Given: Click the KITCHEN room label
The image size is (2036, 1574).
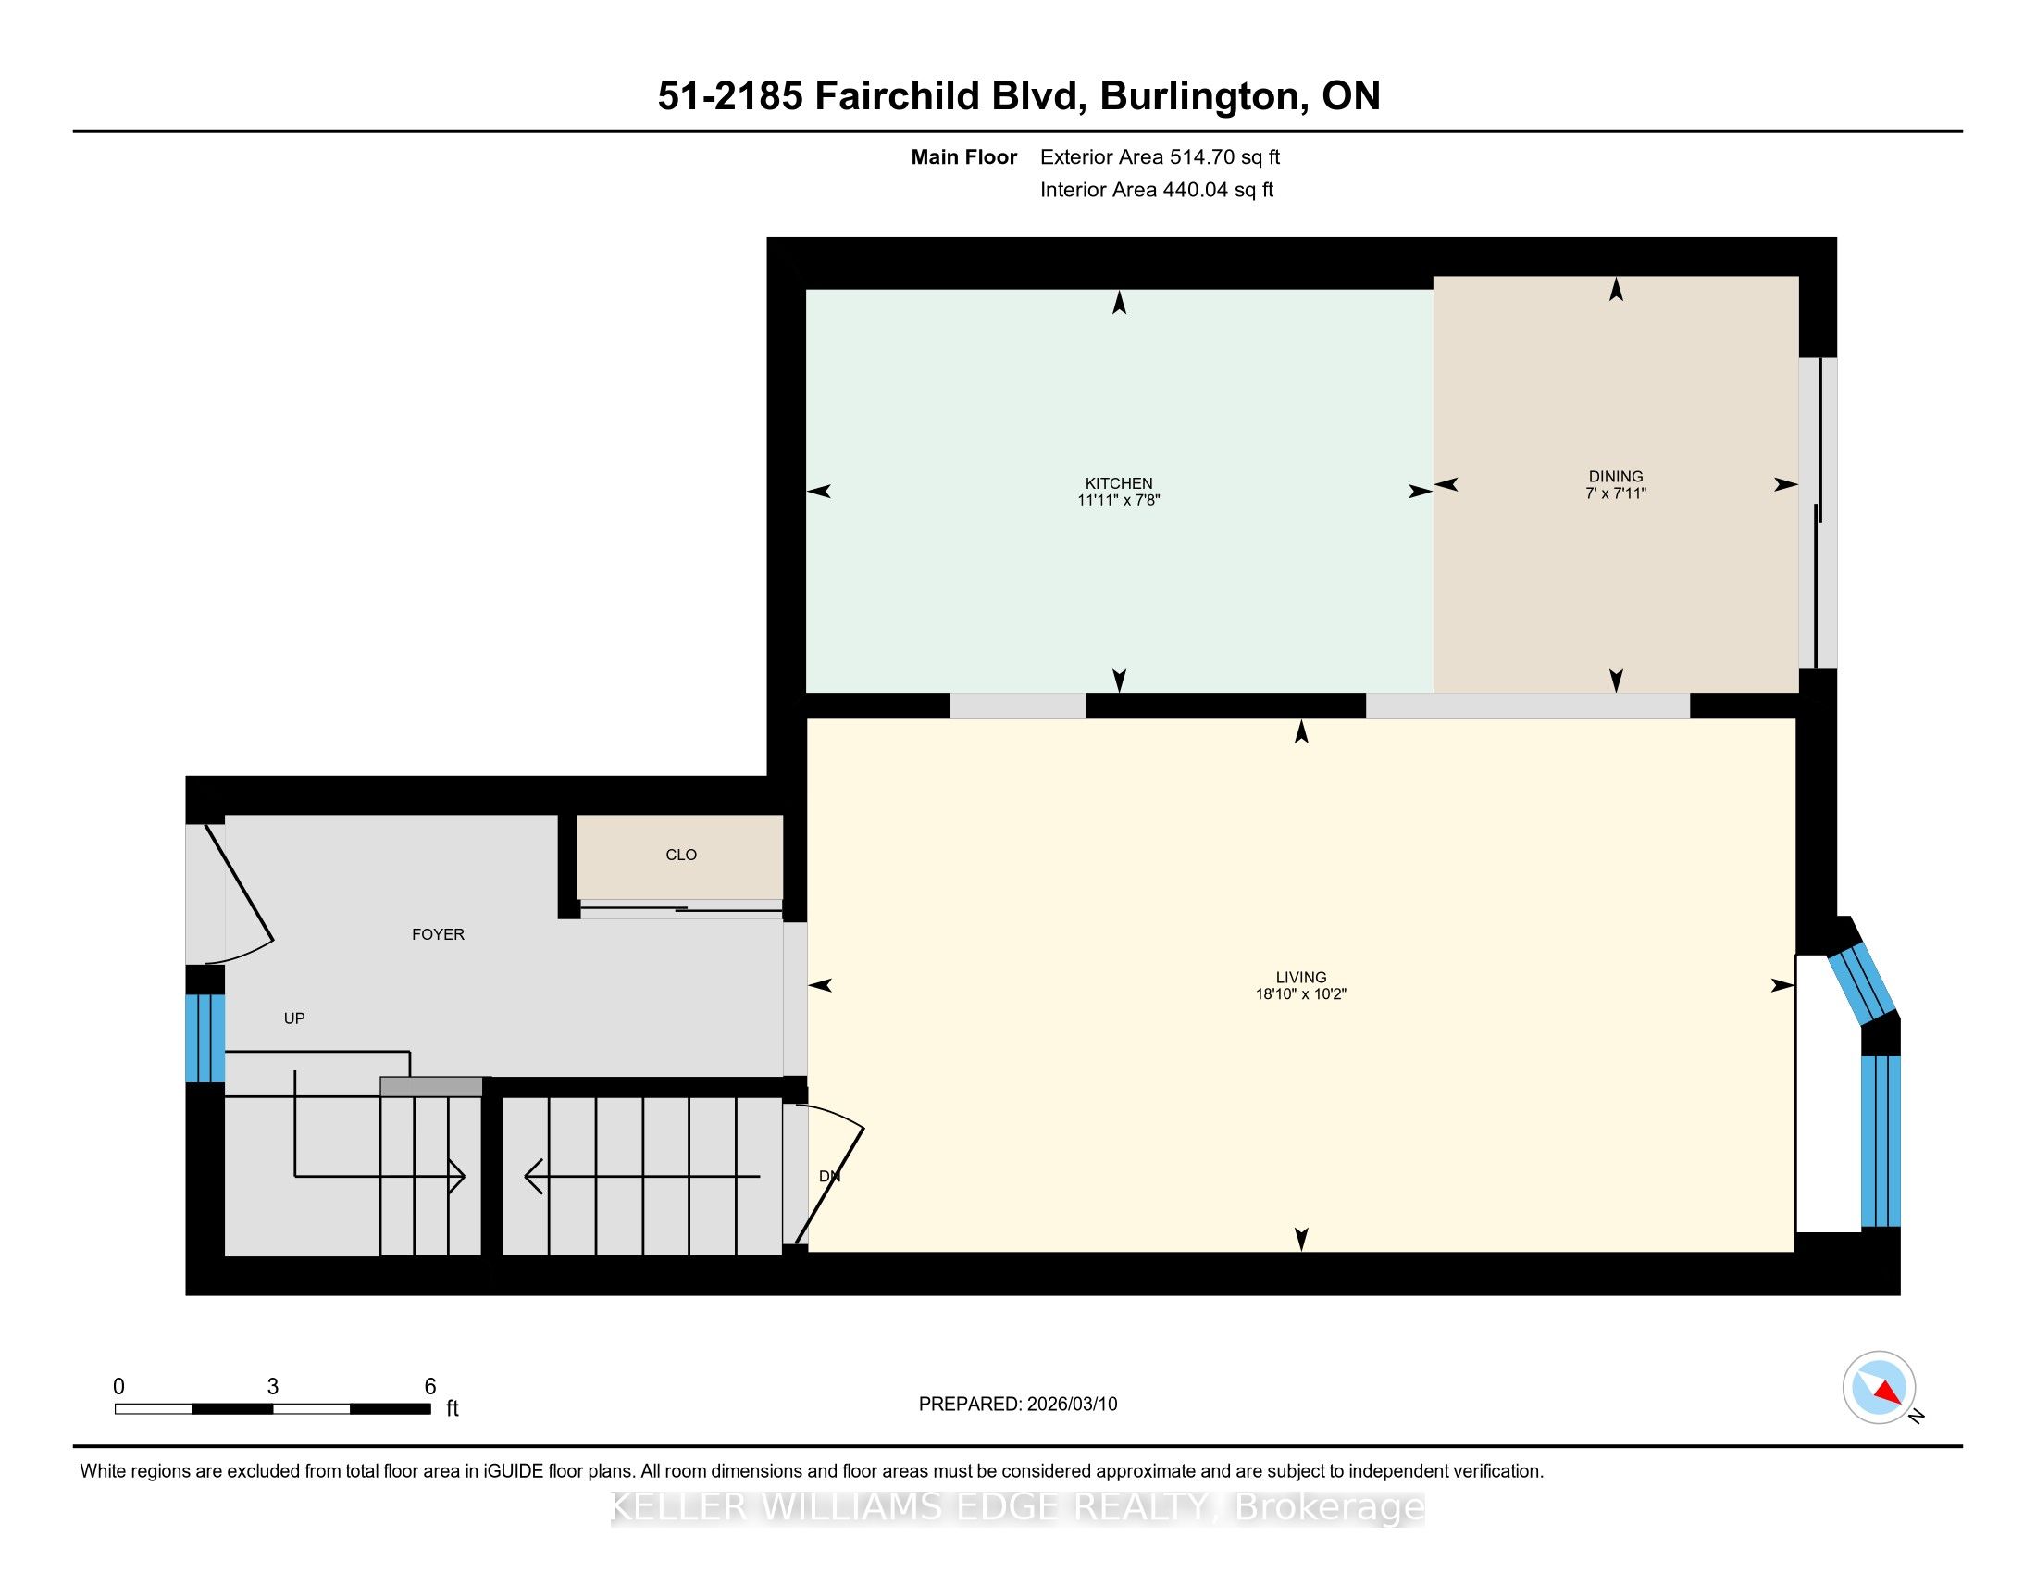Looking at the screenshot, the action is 1119,483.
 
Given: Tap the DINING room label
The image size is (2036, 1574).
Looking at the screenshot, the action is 1616,477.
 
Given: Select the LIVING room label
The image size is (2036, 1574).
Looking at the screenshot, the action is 1300,977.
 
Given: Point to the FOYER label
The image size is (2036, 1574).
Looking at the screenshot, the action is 438,934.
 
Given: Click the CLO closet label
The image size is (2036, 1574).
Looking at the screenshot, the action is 681,856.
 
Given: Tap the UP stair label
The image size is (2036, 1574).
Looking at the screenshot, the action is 294,1018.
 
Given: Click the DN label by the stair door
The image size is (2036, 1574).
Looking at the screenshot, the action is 830,1177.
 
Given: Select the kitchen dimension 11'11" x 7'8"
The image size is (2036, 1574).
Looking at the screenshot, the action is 1119,500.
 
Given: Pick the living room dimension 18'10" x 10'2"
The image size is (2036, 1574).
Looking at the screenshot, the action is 1300,994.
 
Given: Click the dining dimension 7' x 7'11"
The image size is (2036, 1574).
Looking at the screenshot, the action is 1616,493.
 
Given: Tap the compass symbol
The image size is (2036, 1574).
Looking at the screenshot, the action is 1879,1387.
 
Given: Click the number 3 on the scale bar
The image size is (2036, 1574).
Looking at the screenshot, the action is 273,1387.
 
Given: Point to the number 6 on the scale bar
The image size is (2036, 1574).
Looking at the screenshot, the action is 429,1387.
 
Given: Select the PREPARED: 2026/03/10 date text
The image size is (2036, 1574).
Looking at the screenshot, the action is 1018,1405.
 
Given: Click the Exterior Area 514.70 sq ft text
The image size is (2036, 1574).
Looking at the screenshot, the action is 1161,157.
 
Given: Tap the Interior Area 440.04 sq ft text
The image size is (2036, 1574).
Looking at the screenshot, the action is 1157,190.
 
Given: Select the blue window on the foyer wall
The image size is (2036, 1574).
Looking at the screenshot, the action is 205,1038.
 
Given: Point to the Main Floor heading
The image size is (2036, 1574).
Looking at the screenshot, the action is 964,157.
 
